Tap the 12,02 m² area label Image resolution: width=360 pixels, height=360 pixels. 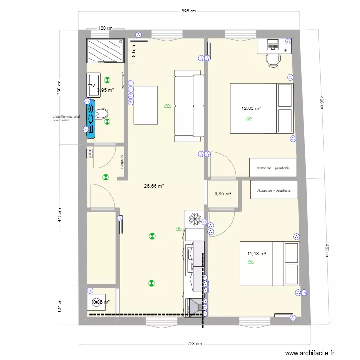[251, 108]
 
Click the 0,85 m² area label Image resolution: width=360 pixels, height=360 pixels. [223, 194]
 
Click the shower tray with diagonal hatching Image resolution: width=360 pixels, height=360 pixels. [104, 50]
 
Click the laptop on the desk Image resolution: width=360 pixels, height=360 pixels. [273, 45]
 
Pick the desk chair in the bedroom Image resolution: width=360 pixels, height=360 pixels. [273, 60]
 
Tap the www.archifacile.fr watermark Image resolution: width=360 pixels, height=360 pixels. [309, 353]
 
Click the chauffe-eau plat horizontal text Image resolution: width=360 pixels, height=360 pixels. [66, 119]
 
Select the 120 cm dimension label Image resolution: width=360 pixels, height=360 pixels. [105, 28]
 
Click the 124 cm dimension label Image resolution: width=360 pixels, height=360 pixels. [60, 305]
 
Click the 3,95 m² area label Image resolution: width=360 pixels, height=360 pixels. [105, 90]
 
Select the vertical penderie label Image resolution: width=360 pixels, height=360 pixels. [122, 161]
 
